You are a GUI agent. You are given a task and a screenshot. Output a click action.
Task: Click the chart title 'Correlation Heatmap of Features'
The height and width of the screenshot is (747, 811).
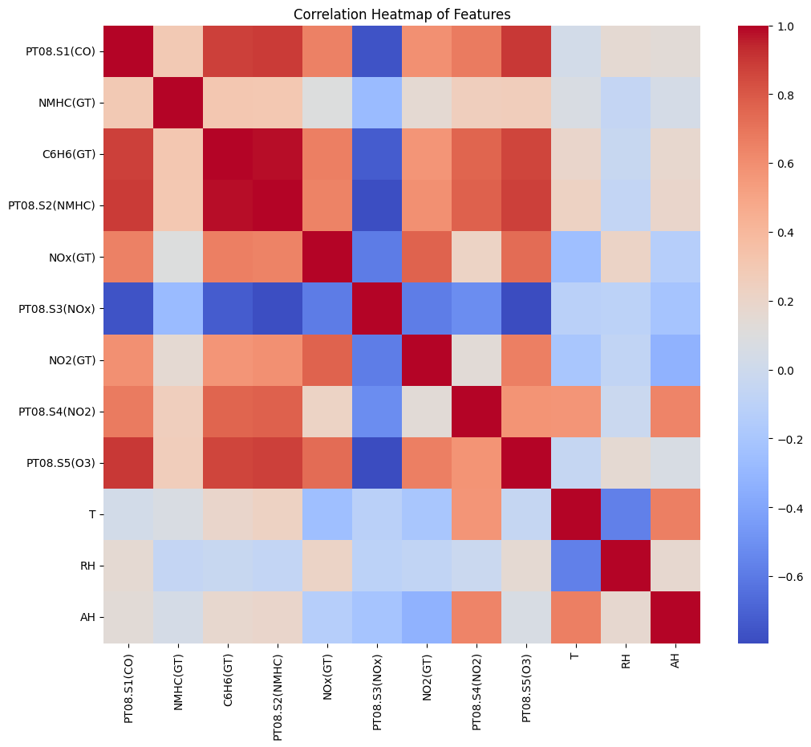[402, 14]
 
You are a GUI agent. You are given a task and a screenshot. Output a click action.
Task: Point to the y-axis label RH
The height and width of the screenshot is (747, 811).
[89, 566]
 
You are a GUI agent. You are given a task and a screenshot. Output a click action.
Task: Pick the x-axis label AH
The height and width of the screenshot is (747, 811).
[675, 663]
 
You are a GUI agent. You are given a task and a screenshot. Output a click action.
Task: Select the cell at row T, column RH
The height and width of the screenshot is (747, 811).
[626, 514]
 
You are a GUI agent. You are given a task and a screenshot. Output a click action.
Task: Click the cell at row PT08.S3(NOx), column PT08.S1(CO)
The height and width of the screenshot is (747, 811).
[128, 309]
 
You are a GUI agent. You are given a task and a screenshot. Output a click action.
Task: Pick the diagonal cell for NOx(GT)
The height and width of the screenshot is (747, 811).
[327, 258]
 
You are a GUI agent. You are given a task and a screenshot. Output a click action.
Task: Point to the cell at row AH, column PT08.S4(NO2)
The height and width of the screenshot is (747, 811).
[476, 617]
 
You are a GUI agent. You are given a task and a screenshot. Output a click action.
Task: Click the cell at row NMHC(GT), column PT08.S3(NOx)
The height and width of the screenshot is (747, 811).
[377, 103]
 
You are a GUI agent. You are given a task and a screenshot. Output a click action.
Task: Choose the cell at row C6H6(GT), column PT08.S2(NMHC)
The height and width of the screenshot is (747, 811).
[278, 155]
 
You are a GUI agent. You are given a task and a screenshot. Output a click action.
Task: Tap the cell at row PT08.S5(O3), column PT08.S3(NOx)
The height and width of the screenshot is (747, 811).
[377, 463]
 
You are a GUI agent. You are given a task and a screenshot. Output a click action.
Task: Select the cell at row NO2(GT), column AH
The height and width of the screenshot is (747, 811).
[675, 360]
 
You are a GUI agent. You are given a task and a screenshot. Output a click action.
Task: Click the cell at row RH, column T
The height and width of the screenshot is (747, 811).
[576, 566]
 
